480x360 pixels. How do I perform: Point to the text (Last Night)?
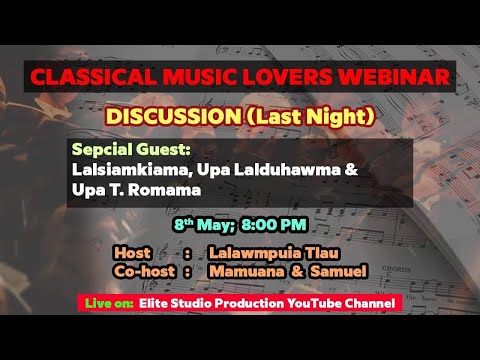pyautogui.click(x=313, y=117)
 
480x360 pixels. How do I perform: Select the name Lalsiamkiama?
pyautogui.click(x=125, y=169)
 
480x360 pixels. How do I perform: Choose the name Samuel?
pyautogui.click(x=339, y=271)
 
